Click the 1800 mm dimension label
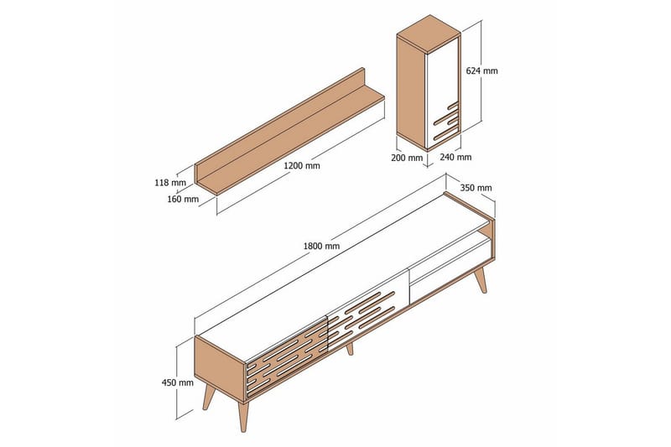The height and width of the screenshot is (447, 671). [321, 246]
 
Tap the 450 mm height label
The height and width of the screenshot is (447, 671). [177, 382]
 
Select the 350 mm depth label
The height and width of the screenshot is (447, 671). [476, 188]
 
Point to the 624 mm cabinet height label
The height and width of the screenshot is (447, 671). [481, 70]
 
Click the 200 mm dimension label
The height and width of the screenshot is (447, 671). [407, 158]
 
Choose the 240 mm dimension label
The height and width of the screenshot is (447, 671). [455, 157]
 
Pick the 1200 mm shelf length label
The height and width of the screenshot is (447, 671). [302, 165]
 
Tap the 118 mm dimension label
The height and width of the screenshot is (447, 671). [170, 183]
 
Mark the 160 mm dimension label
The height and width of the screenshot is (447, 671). [183, 199]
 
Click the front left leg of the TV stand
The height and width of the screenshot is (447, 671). [243, 416]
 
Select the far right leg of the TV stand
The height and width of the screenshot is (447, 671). [480, 279]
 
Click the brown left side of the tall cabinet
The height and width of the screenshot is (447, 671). [412, 92]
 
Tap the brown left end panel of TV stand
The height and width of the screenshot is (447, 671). [220, 368]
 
